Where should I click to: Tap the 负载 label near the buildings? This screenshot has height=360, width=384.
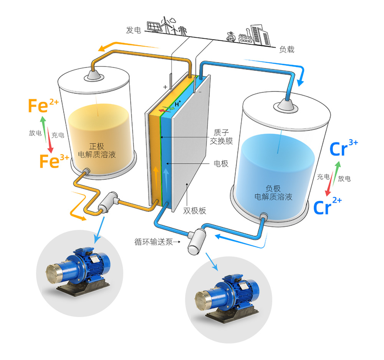click(286, 49)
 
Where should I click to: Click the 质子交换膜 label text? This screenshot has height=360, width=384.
click(221, 137)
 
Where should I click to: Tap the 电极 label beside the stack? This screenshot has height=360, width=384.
click(221, 164)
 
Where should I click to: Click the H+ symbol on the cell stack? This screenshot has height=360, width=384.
click(178, 104)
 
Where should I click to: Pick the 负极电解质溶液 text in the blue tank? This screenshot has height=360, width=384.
click(273, 193)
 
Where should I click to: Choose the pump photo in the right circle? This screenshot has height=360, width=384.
click(227, 297)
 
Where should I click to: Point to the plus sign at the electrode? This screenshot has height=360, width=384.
click(165, 87)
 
